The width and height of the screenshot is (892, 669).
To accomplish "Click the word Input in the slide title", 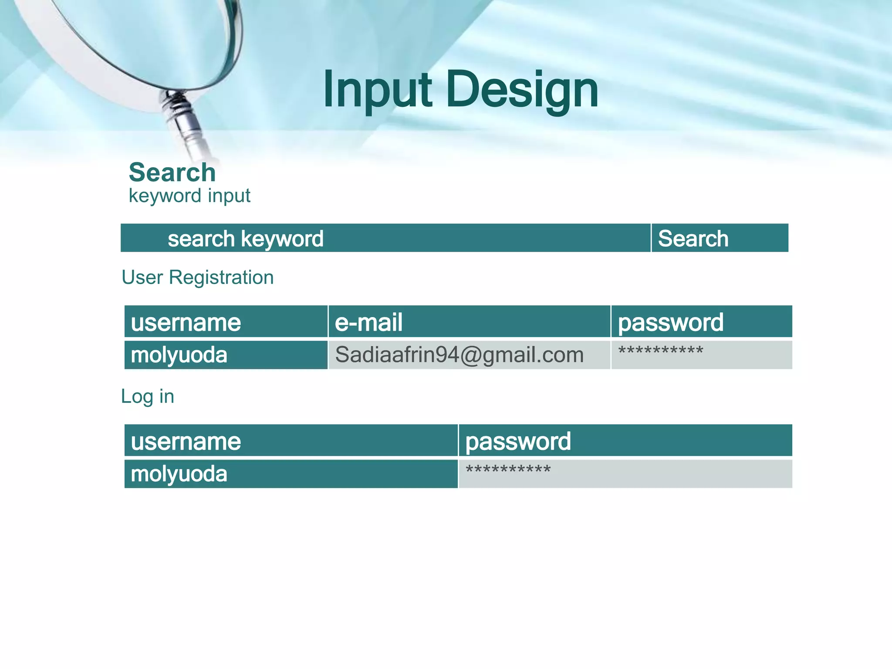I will (x=377, y=91).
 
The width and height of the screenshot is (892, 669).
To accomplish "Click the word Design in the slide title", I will (x=522, y=91).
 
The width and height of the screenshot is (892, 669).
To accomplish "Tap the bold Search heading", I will (x=172, y=172).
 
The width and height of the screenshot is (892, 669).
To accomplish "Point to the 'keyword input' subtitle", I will (x=189, y=196).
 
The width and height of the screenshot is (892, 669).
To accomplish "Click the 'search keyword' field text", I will (x=246, y=239).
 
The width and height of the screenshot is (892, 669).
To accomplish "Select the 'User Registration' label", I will (x=198, y=277).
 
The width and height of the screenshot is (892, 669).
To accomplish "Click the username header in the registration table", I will (x=186, y=323).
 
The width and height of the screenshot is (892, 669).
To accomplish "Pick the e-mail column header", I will (x=368, y=323).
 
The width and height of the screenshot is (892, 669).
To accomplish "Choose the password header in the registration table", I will (x=671, y=323).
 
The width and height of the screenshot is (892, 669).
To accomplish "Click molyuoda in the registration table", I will (x=179, y=355).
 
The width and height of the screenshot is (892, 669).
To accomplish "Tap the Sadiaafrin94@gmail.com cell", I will (x=459, y=355).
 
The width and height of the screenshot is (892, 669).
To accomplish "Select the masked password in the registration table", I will (x=661, y=351).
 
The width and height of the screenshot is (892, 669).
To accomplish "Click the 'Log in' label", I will (x=148, y=396).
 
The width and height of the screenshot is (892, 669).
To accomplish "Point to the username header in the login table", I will (x=186, y=442).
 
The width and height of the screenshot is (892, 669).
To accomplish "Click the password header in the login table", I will (x=518, y=442).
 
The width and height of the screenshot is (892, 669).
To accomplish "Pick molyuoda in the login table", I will (x=179, y=474).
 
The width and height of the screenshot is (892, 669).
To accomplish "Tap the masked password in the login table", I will (x=508, y=470).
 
